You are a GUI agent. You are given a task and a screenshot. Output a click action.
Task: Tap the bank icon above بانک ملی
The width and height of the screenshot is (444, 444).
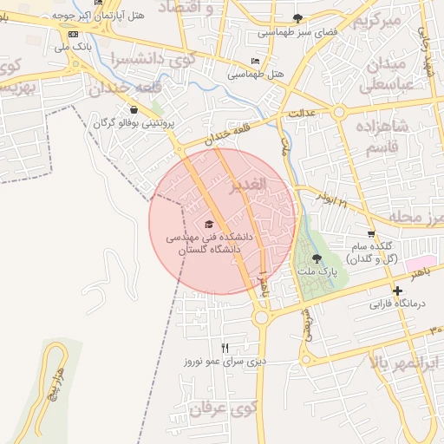(73, 34)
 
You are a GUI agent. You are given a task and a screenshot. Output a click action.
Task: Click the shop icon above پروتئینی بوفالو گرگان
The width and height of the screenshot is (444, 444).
(134, 110)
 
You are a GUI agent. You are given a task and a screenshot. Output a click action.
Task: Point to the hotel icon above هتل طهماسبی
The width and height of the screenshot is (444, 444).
(254, 61)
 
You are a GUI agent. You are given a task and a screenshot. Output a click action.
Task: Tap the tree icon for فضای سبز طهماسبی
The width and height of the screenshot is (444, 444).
(297, 18)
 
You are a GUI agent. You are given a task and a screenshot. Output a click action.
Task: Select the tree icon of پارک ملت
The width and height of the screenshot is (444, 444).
(315, 258)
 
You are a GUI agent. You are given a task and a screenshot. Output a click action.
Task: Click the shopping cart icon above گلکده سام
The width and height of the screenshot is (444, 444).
(371, 233)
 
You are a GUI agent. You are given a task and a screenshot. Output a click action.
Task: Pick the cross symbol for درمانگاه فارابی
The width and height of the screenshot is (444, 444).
(397, 291)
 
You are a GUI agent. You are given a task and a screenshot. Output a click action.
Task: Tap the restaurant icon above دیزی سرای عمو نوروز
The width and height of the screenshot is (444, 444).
(225, 348)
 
